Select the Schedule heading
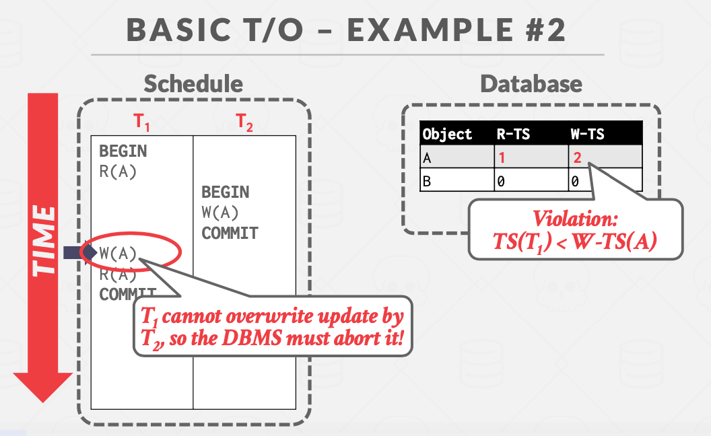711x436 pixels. pyautogui.click(x=193, y=83)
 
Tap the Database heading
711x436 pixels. pyautogui.click(x=531, y=83)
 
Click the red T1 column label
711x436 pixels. pyautogui.click(x=141, y=122)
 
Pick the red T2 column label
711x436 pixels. pyautogui.click(x=244, y=122)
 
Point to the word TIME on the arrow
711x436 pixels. pyautogui.click(x=45, y=240)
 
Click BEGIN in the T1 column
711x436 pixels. pyautogui.click(x=123, y=151)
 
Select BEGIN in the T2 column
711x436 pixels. pyautogui.click(x=226, y=192)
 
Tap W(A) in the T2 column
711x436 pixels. pyautogui.click(x=220, y=213)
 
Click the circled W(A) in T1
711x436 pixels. pyautogui.click(x=118, y=254)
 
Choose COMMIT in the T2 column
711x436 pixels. pyautogui.click(x=230, y=233)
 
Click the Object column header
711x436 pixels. pyautogui.click(x=448, y=134)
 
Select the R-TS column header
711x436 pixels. pyautogui.click(x=513, y=134)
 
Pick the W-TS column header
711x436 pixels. pyautogui.click(x=587, y=134)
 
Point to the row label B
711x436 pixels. pyautogui.click(x=427, y=181)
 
